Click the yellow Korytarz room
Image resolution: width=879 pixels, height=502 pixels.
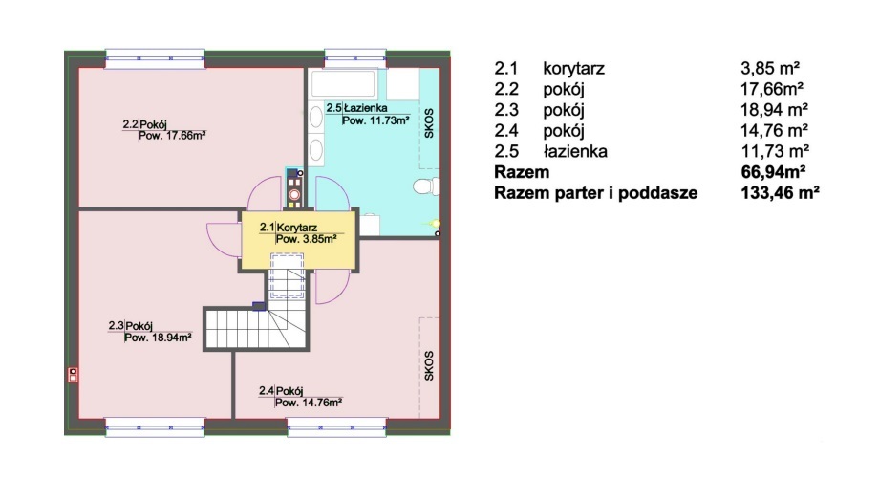[299, 239]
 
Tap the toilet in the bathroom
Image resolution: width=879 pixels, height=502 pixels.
[427, 186]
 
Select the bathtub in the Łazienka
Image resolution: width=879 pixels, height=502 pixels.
[343, 83]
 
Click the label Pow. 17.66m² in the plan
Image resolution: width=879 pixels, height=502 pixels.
[172, 135]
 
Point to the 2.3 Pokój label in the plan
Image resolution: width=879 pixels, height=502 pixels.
[131, 326]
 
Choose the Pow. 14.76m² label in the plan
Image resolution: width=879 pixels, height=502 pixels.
[309, 403]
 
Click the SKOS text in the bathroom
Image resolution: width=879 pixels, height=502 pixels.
[429, 123]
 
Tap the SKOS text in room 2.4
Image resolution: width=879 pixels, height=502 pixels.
[429, 365]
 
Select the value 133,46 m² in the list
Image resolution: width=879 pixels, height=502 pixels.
[780, 193]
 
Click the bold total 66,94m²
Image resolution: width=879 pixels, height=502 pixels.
[774, 171]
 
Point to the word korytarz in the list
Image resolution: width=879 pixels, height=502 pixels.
[573, 69]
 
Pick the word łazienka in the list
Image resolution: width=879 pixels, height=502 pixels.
[575, 151]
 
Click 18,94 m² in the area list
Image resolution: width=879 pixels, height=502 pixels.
[774, 109]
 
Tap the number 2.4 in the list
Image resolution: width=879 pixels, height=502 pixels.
[506, 131]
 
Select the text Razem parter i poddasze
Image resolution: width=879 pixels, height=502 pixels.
[596, 193]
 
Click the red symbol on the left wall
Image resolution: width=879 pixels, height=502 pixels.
[73, 375]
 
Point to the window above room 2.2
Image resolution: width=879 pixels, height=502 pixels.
[155, 59]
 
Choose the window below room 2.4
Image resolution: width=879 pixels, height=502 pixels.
[337, 428]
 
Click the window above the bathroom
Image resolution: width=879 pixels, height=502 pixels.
[354, 59]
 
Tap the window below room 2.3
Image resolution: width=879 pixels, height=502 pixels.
[155, 428]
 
